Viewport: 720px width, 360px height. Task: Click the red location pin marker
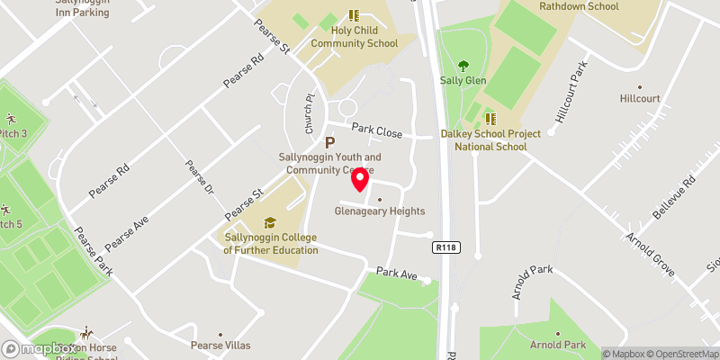[360, 179]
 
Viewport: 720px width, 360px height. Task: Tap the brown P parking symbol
[329, 142]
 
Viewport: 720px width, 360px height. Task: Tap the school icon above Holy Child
[354, 15]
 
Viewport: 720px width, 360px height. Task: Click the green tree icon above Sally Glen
[463, 65]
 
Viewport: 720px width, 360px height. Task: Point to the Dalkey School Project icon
[490, 118]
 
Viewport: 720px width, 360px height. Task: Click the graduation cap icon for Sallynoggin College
[269, 222]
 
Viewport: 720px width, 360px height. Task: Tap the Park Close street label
[377, 131]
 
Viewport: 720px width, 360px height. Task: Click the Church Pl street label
[309, 114]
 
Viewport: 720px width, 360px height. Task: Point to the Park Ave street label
[398, 272]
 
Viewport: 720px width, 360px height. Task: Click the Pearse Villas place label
[220, 345]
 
